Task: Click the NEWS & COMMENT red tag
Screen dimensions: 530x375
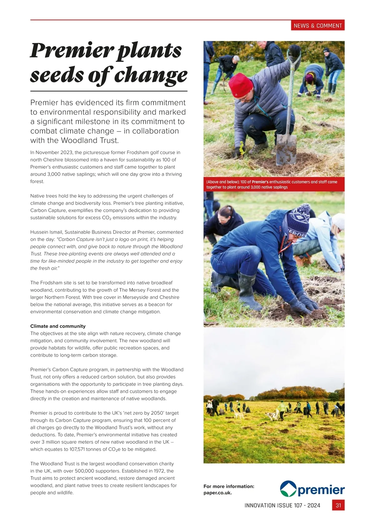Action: pyautogui.click(x=318, y=26)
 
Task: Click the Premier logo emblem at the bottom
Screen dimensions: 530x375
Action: pyautogui.click(x=288, y=489)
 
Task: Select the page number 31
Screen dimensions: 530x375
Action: pyautogui.click(x=338, y=505)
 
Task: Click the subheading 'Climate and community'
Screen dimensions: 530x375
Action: pyautogui.click(x=58, y=326)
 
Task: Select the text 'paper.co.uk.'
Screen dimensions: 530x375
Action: pyautogui.click(x=217, y=493)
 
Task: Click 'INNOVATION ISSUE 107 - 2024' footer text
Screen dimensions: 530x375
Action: pyautogui.click(x=282, y=505)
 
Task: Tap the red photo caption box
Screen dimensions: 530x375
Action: pyautogui.click(x=274, y=184)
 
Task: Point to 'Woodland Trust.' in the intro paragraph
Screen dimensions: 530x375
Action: pyautogui.click(x=90, y=140)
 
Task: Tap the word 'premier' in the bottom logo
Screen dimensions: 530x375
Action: pyautogui.click(x=321, y=490)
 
